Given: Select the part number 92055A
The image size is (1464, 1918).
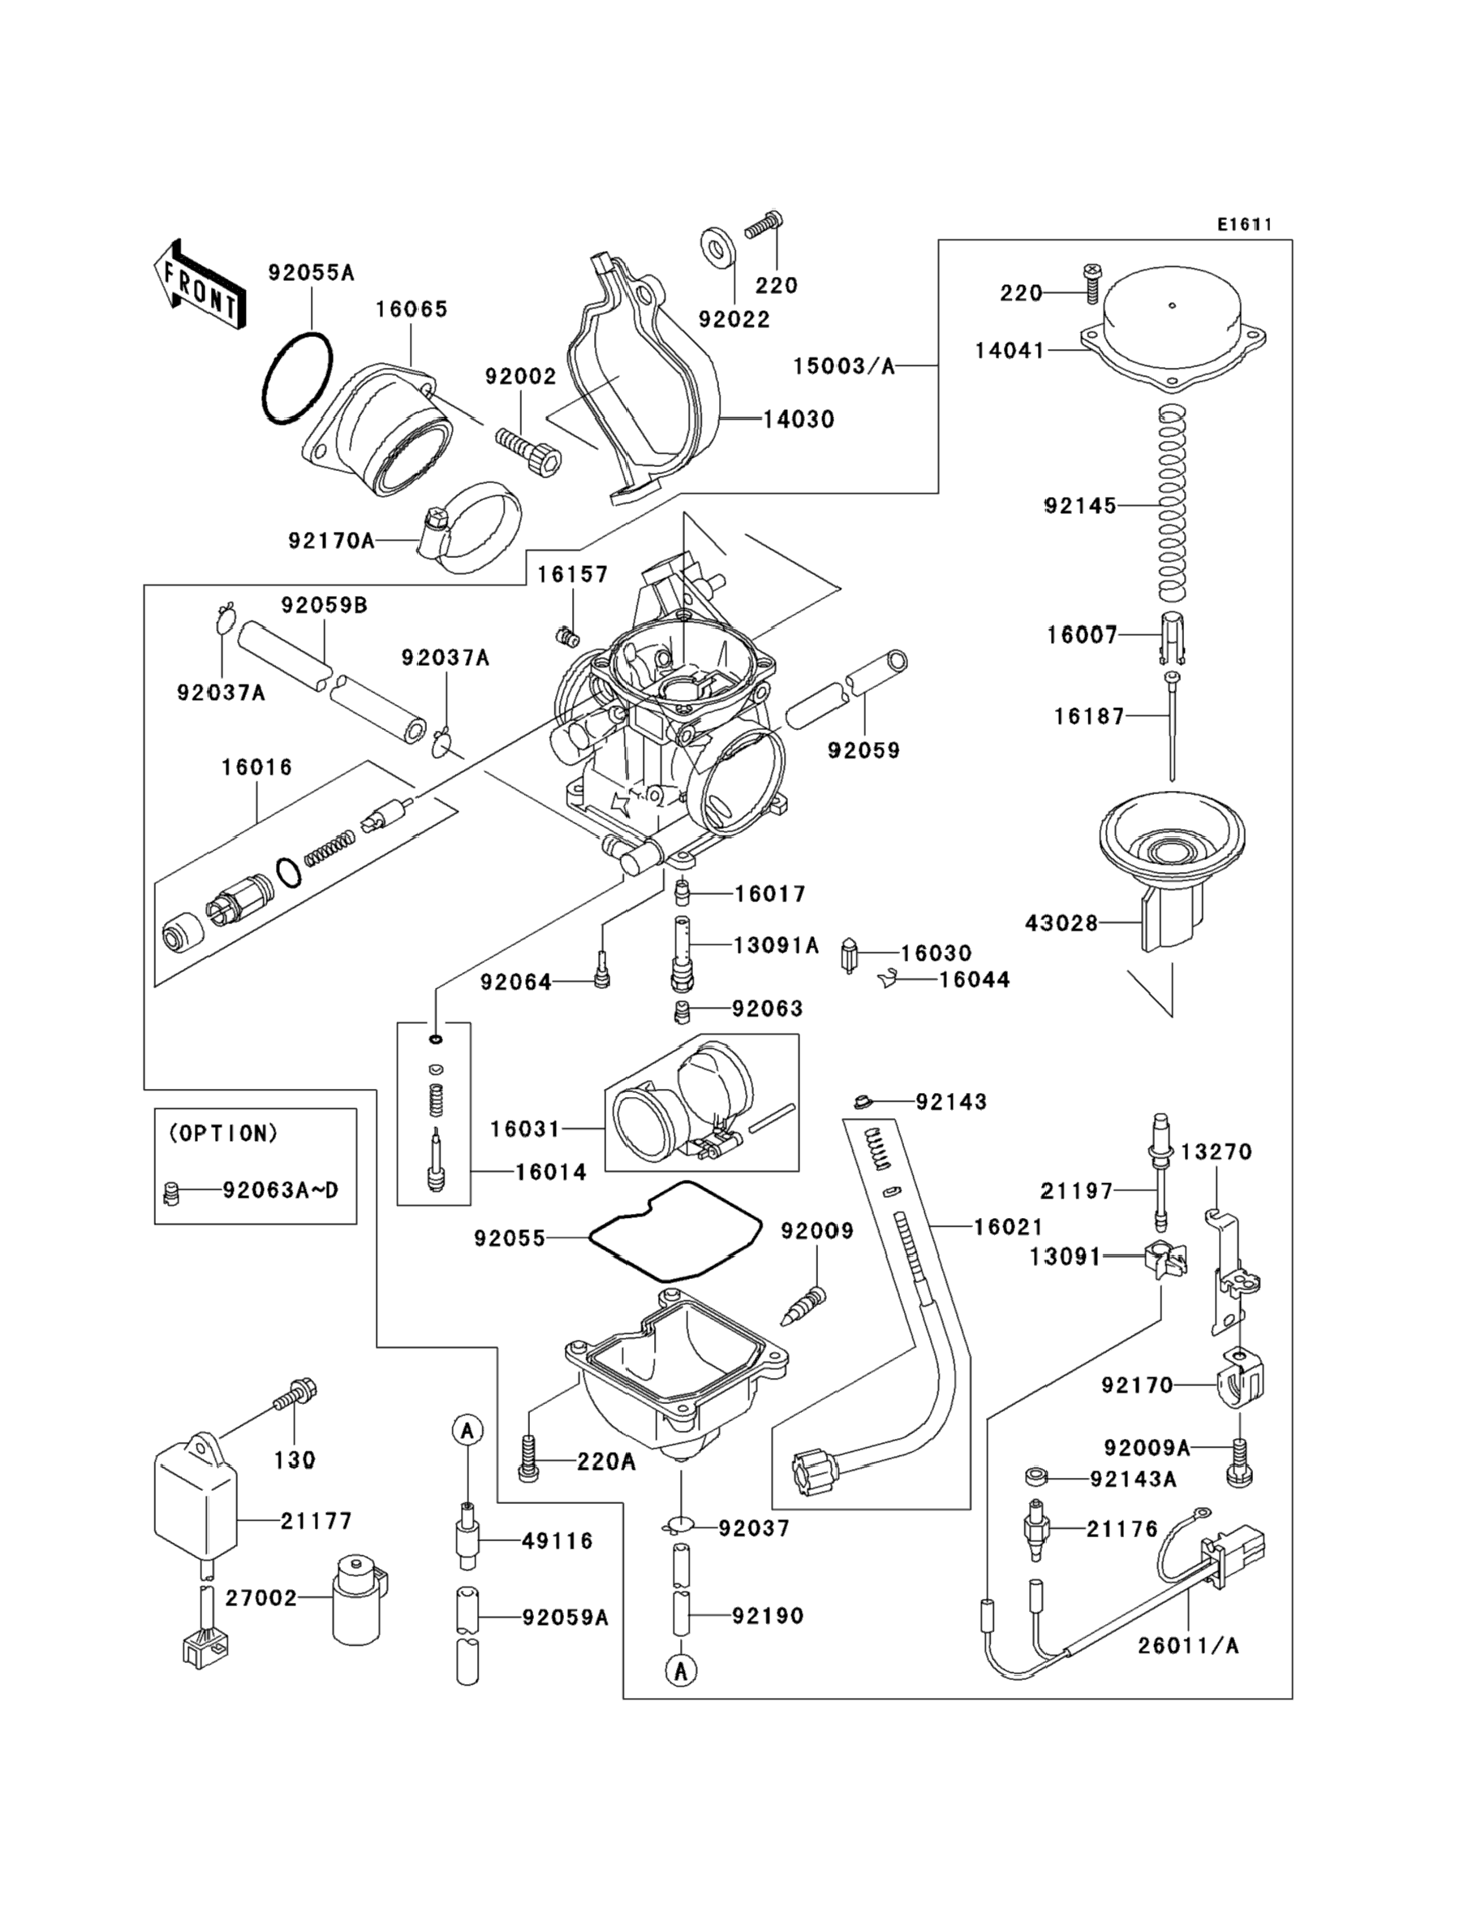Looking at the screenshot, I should point(311,273).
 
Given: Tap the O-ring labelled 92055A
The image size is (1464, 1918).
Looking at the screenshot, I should point(297,378).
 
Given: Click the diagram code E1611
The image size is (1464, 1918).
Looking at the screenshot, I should point(1244,225).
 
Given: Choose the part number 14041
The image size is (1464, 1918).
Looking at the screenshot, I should point(1009,351).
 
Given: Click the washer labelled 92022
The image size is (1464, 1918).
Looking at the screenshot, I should point(717,247).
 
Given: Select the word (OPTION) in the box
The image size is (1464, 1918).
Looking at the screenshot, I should point(223,1134).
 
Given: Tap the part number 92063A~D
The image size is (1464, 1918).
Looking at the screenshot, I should point(280,1190).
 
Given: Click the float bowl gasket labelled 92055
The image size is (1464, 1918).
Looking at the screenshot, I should point(675,1233).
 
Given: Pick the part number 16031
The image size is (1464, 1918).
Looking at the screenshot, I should point(524,1129).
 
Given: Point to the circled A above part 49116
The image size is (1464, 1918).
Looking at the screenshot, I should point(468,1431).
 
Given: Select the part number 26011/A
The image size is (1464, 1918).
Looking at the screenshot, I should point(1188,1645).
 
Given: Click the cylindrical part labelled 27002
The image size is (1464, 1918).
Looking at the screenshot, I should point(358,1599).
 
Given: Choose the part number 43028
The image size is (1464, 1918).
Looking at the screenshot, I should point(1061,922).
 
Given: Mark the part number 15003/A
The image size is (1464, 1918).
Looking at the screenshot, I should point(843,366).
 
